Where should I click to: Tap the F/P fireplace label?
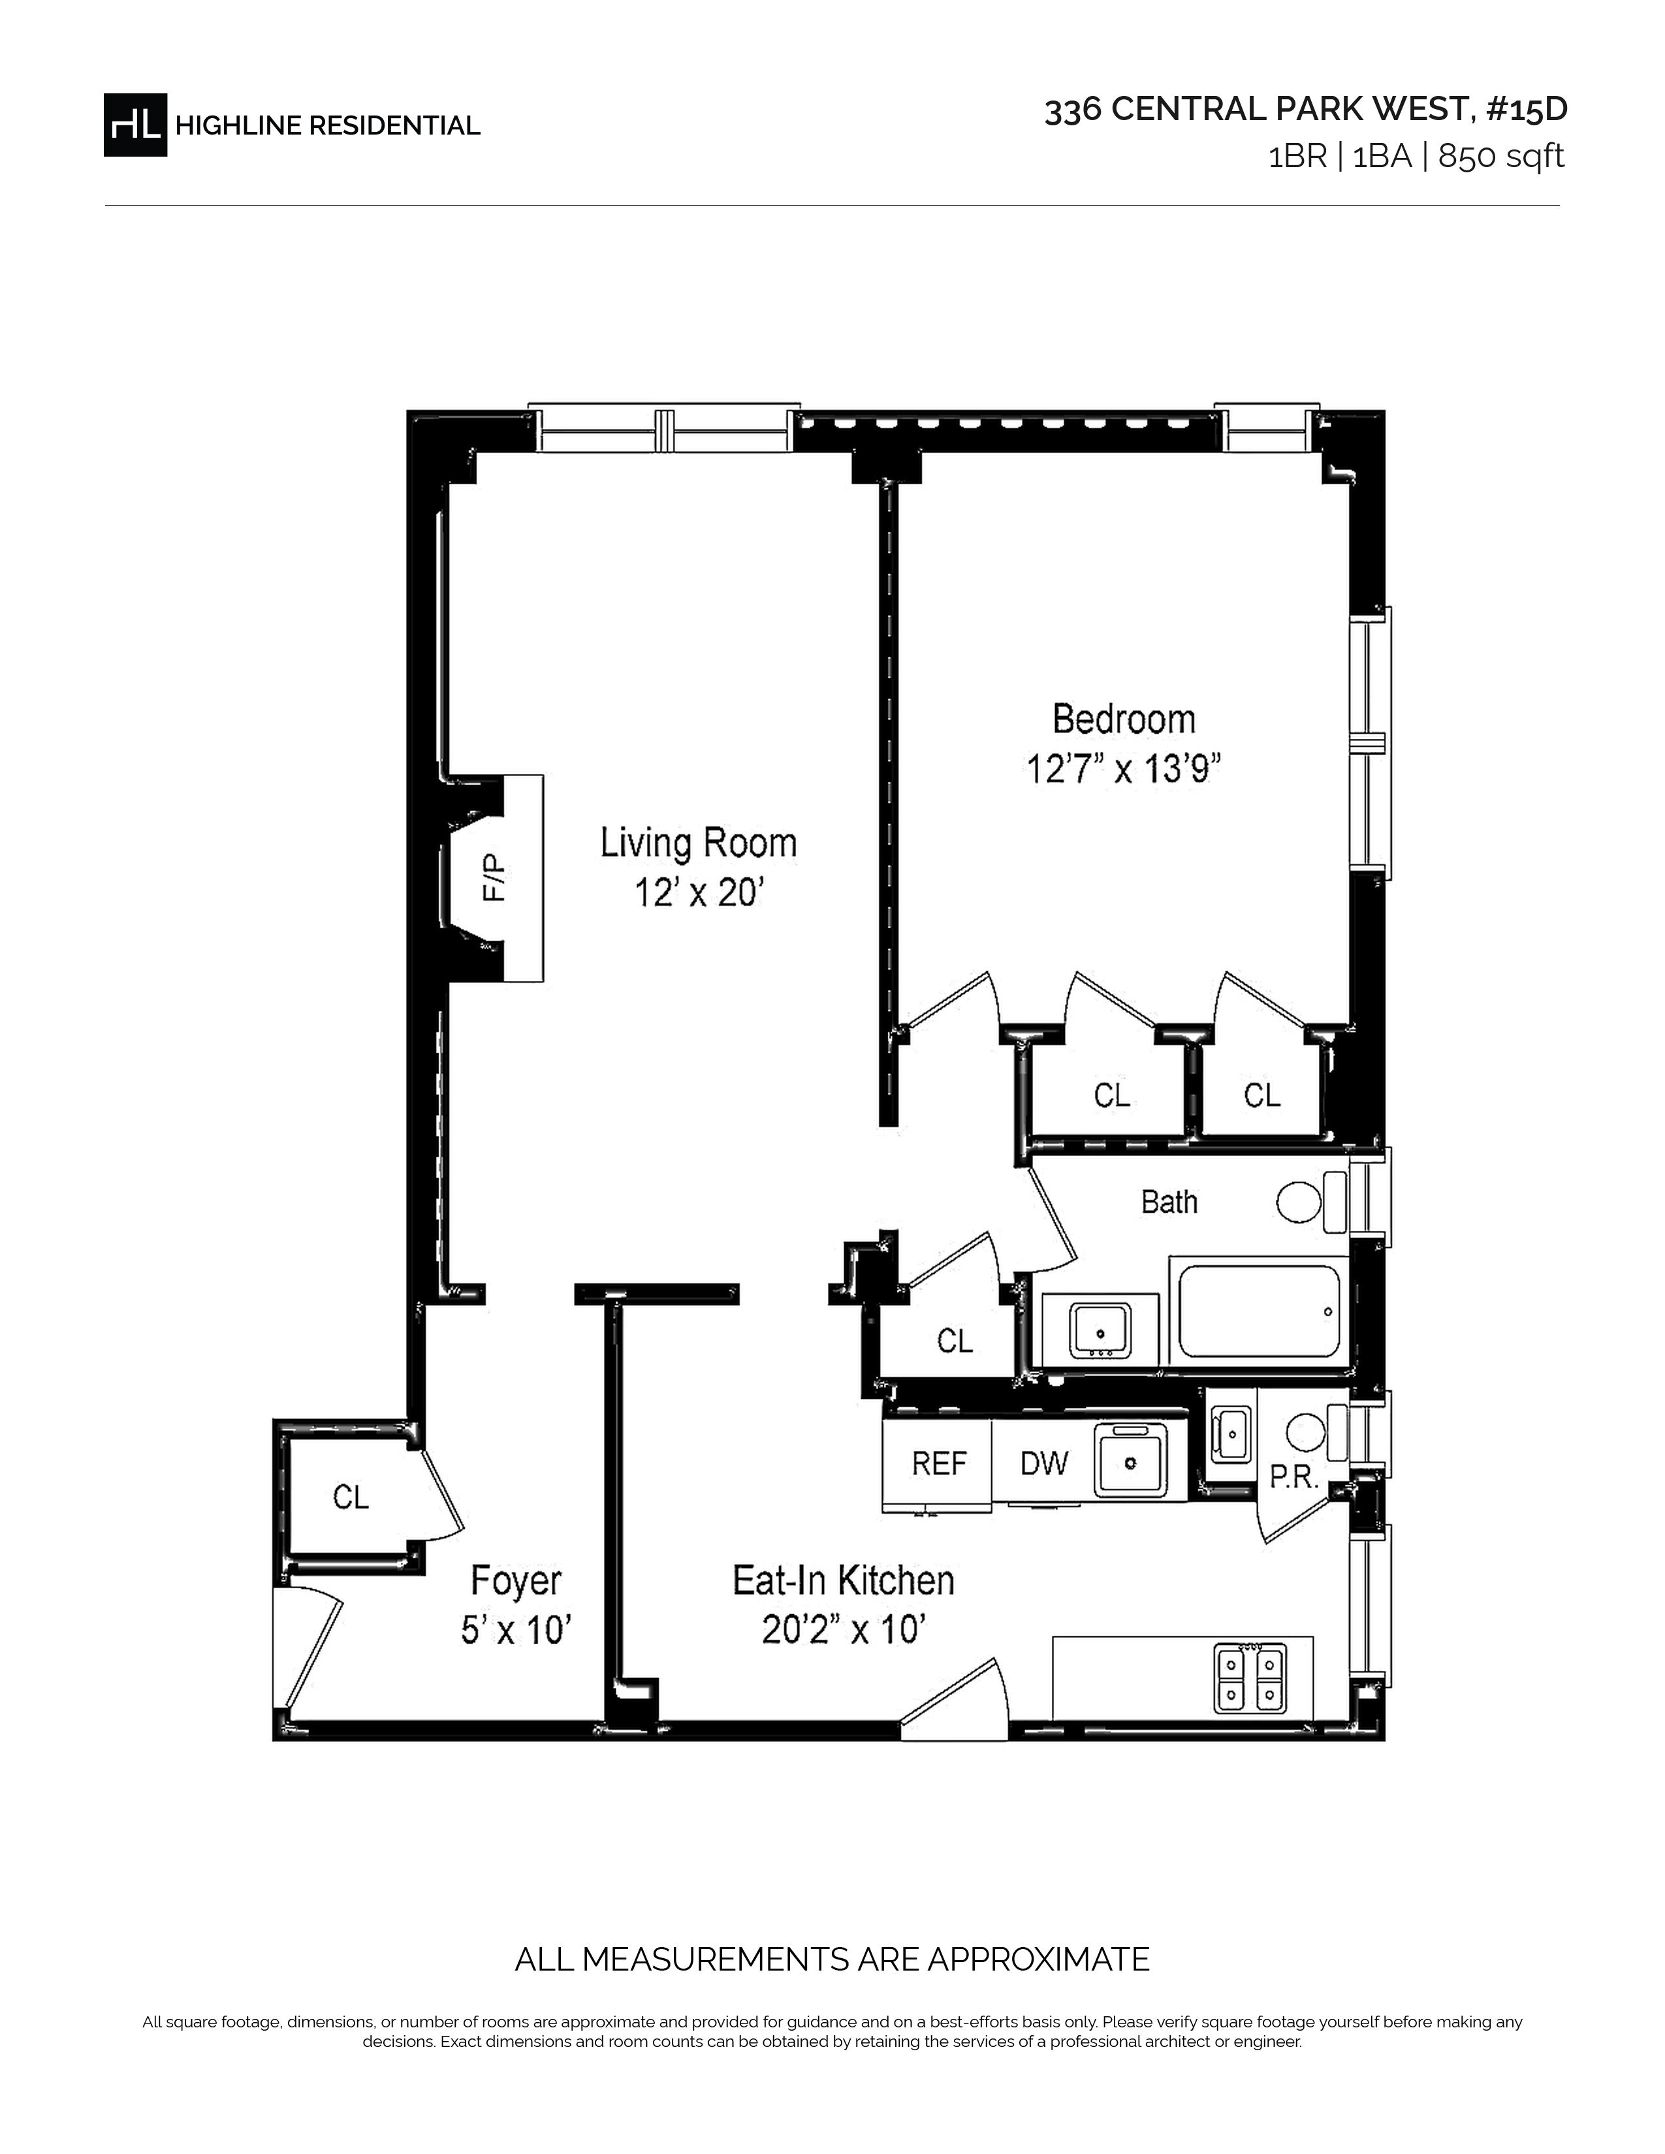pyautogui.click(x=494, y=878)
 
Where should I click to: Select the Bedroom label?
pyautogui.click(x=1124, y=719)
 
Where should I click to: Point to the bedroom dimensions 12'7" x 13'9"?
pyautogui.click(x=1124, y=770)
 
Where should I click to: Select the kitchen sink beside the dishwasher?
pyautogui.click(x=1130, y=1461)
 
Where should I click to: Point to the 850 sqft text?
pyautogui.click(x=1501, y=156)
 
